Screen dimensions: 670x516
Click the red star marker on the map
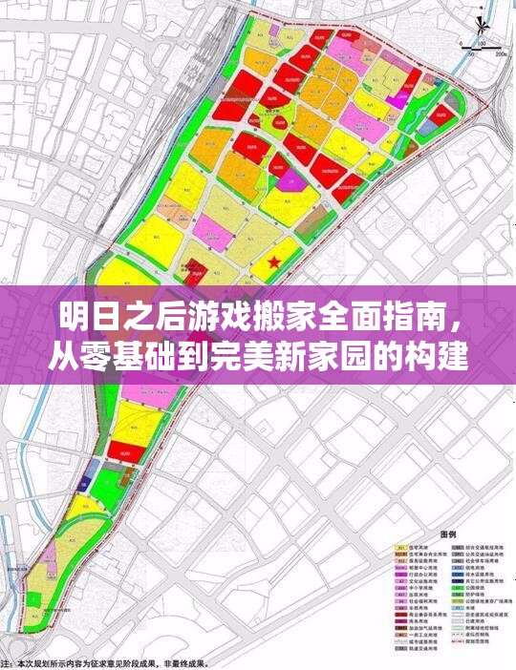(x=274, y=261)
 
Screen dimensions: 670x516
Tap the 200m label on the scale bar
(x=501, y=53)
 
